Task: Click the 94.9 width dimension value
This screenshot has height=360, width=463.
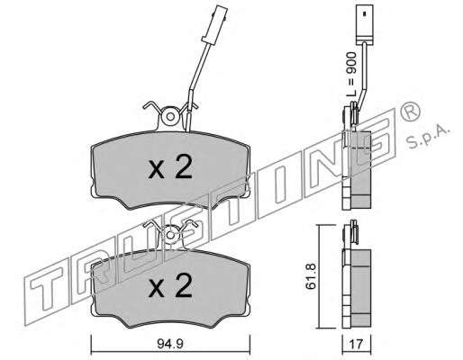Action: click(170, 344)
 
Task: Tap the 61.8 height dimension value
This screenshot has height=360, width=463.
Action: click(311, 276)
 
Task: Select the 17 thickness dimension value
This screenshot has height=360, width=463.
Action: click(357, 344)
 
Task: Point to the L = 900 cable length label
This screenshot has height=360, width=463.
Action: click(351, 74)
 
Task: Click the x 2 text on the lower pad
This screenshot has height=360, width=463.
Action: click(170, 285)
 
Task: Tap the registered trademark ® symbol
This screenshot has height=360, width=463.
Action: click(411, 112)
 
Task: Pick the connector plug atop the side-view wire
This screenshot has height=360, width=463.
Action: click(364, 24)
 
